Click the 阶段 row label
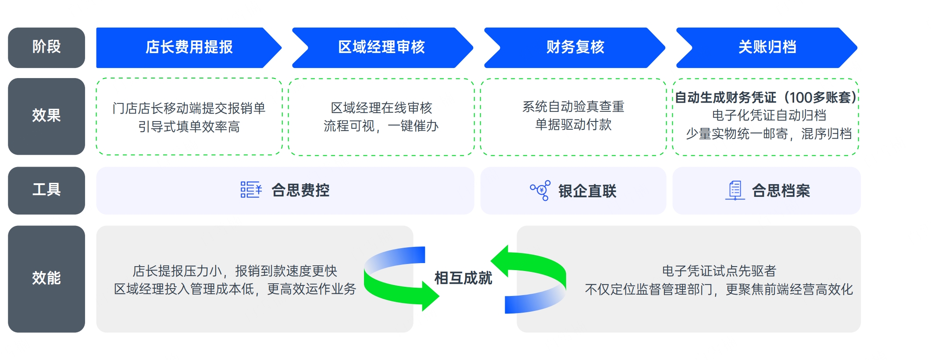click(46, 47)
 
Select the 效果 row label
click(46, 116)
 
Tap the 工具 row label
click(46, 190)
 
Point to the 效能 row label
click(46, 279)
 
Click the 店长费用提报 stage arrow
click(189, 47)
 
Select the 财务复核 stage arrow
click(574, 47)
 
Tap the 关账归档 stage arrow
click(767, 47)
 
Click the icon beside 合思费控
click(251, 190)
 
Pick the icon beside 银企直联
click(540, 190)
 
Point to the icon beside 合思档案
click(735, 190)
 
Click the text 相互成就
click(463, 278)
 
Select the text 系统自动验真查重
click(573, 107)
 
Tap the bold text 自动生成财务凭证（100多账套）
click(766, 97)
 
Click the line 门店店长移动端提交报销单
click(189, 108)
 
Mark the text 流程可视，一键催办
click(381, 126)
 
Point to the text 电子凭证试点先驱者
click(719, 271)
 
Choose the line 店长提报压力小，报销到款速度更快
click(235, 271)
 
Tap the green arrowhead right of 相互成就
click(500, 261)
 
